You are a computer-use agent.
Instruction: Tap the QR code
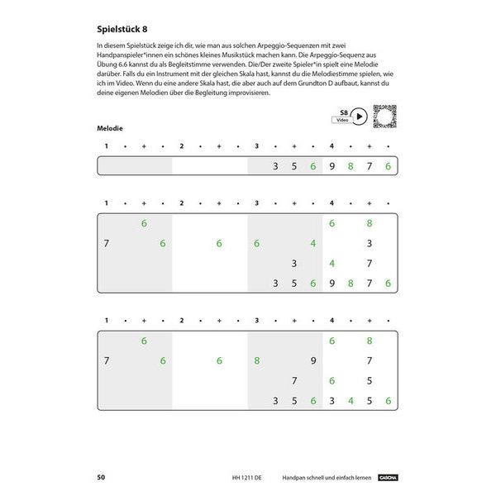(x=384, y=116)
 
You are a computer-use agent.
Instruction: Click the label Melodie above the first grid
(x=110, y=128)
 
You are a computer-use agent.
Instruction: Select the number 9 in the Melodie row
(x=331, y=166)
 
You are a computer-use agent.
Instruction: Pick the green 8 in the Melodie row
(x=351, y=166)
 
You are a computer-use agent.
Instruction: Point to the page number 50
(x=100, y=477)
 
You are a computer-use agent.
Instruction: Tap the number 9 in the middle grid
(x=331, y=284)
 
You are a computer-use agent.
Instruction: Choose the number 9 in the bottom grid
(x=312, y=360)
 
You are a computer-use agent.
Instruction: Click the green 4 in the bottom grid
(x=351, y=401)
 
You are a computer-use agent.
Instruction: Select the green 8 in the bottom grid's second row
(x=257, y=360)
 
